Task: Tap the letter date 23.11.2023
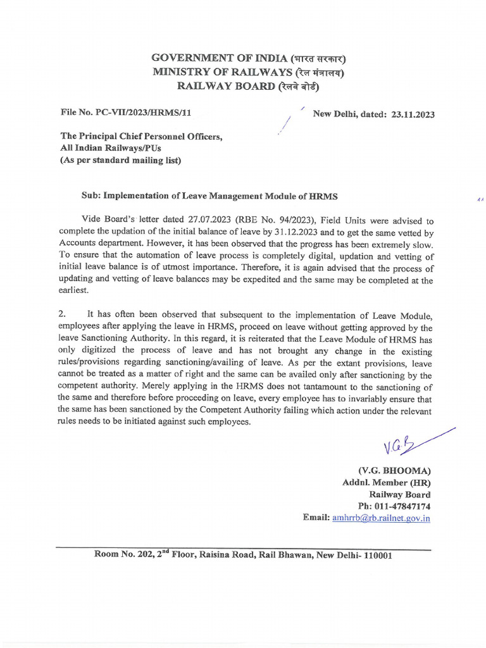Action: [x=413, y=115]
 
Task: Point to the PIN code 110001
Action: [x=373, y=556]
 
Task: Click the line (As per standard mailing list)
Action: [x=120, y=160]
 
